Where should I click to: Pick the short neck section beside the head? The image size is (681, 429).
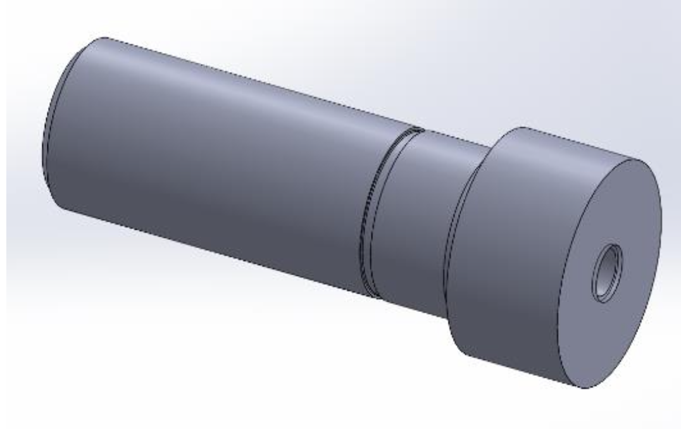click(x=418, y=221)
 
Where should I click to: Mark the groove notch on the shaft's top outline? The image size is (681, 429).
click(x=415, y=128)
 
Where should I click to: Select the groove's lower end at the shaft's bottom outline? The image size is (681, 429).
click(x=373, y=297)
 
